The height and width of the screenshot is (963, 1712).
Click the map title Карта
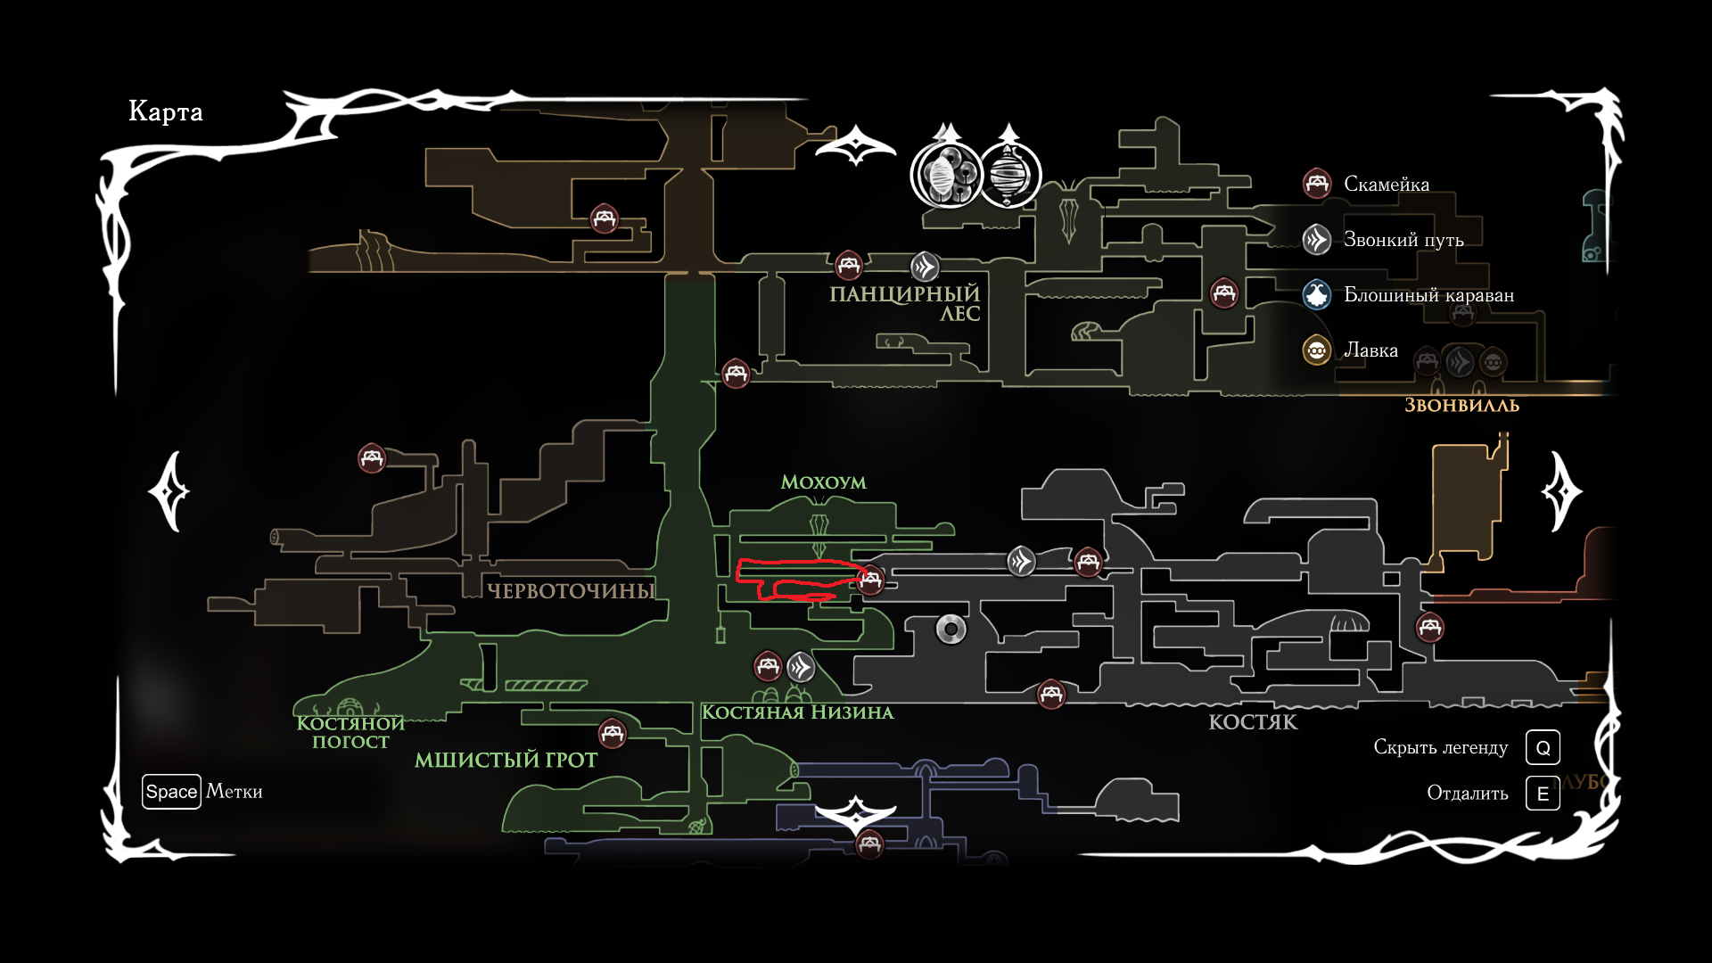coord(166,111)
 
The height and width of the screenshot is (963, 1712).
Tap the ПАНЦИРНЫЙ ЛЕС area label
coord(904,303)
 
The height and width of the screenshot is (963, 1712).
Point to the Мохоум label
coord(823,482)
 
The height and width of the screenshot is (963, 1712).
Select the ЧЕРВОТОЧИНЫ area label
coord(571,590)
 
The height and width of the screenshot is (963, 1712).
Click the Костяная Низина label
coord(797,712)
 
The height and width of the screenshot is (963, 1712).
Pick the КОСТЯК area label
coord(1253,722)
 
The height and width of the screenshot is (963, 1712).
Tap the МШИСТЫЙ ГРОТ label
coord(506,760)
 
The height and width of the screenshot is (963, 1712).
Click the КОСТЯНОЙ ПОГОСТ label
coord(350,732)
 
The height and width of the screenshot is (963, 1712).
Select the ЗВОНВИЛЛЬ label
coord(1461,406)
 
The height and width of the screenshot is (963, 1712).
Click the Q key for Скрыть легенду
coord(1543,747)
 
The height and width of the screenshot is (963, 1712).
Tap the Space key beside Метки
coord(171,792)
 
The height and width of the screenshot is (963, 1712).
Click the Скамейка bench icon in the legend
coord(1317,184)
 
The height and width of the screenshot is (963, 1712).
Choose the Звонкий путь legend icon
coord(1317,239)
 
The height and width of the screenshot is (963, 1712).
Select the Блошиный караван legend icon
coord(1317,294)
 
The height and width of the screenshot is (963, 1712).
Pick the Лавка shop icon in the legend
coord(1317,350)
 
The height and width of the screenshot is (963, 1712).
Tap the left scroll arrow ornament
coord(169,491)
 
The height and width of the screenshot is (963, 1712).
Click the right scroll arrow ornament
coord(1560,491)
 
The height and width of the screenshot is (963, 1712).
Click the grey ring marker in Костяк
coord(951,630)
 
